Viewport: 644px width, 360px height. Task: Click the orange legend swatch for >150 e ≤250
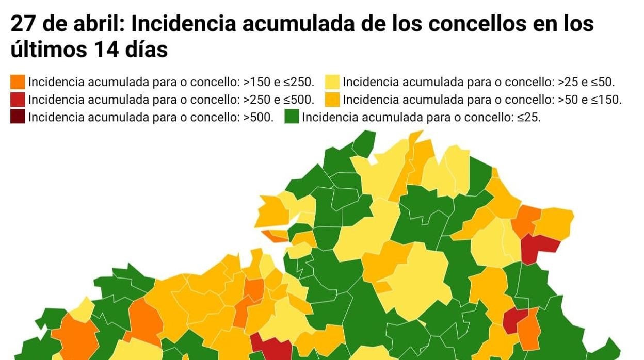click(18, 81)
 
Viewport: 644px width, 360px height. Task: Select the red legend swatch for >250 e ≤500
click(18, 99)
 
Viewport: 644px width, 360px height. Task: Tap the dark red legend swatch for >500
click(18, 117)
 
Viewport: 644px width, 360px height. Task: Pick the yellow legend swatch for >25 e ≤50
click(332, 81)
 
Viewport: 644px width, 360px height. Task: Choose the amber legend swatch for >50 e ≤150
click(332, 99)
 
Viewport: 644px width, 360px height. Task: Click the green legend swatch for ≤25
click(292, 117)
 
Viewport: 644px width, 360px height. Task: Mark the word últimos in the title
click(48, 50)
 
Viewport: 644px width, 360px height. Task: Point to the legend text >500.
click(258, 117)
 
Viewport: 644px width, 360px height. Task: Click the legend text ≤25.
click(529, 117)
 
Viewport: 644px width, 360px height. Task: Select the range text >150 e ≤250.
click(279, 82)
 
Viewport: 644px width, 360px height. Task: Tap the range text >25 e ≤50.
click(586, 82)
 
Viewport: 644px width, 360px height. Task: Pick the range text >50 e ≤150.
click(590, 100)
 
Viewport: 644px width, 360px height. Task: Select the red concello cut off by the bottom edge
click(270, 348)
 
